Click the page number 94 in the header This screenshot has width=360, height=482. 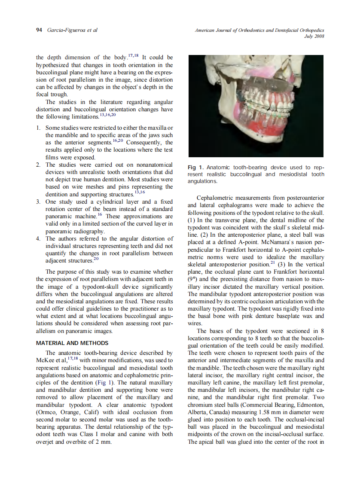(39, 30)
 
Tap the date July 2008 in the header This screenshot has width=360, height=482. (314, 37)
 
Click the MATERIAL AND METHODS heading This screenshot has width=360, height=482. (72, 343)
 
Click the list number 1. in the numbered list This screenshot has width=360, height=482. (38, 128)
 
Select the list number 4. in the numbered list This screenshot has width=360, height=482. (38, 238)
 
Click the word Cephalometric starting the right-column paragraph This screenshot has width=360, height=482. (215, 198)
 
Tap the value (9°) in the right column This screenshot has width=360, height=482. (194, 279)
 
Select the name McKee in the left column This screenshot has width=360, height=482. (44, 360)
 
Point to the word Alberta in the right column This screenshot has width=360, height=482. (198, 412)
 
